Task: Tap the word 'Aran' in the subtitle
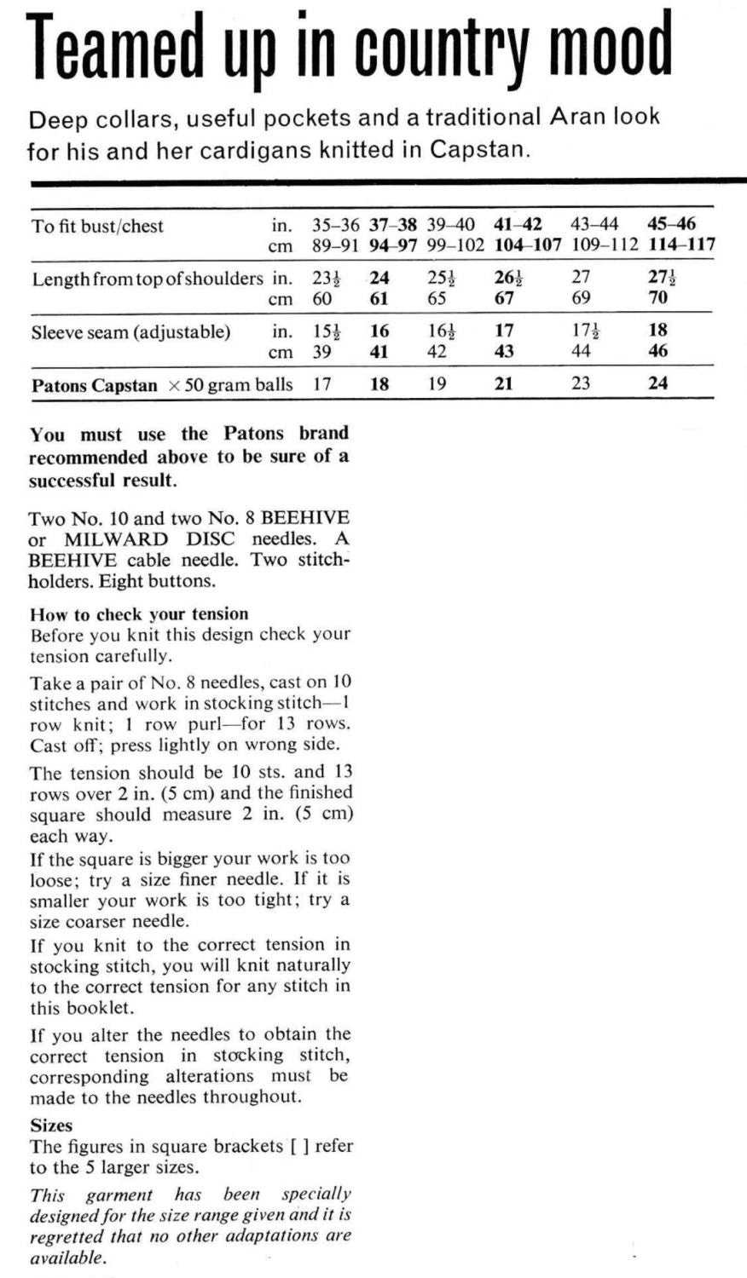[576, 117]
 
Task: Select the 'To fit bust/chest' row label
[97, 226]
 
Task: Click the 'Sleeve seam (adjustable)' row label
[130, 331]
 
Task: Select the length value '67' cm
[505, 298]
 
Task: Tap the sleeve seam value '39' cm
[321, 351]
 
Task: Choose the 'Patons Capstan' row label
[94, 385]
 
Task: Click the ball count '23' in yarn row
[580, 383]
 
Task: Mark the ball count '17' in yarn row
[321, 383]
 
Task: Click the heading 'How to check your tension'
[139, 614]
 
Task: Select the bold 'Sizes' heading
[51, 1125]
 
